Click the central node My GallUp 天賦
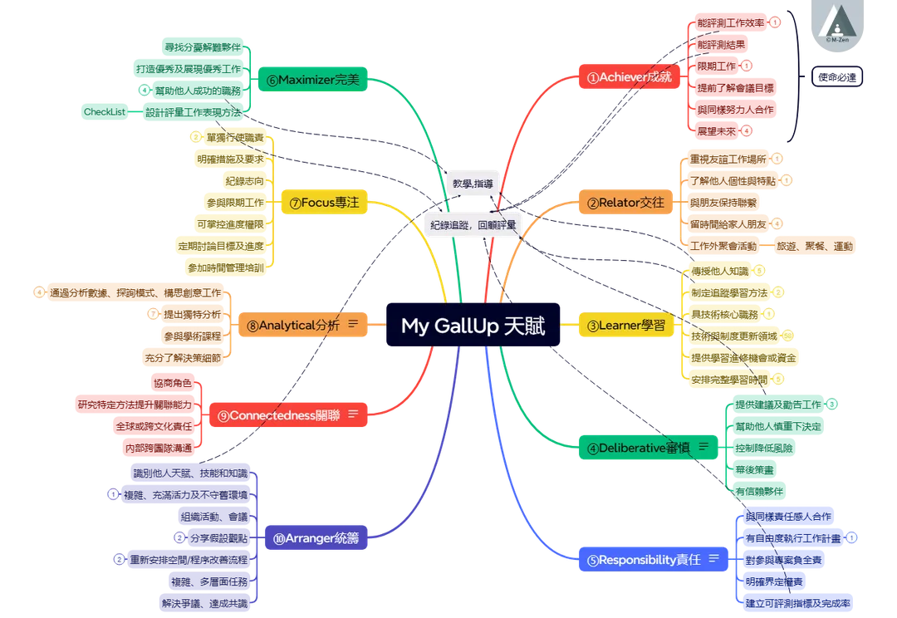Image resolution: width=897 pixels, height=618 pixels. point(473,326)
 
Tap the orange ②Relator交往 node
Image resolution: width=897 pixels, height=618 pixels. point(625,203)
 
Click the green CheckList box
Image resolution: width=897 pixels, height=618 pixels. point(103,111)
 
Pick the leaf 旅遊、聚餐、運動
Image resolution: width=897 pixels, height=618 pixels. point(814,247)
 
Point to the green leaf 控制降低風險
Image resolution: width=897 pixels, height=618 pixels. point(765,448)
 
